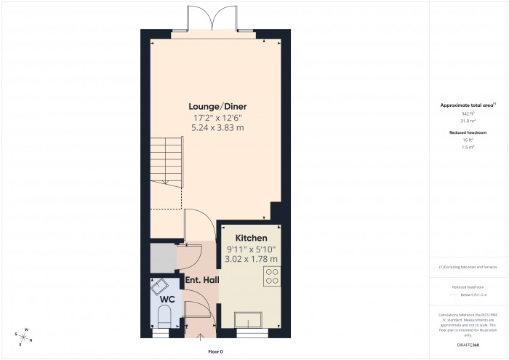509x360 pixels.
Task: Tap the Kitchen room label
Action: pyautogui.click(x=251, y=238)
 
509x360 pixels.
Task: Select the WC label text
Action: pyautogui.click(x=167, y=299)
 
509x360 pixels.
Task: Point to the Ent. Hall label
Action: pyautogui.click(x=202, y=280)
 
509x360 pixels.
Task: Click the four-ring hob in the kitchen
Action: pyautogui.click(x=273, y=277)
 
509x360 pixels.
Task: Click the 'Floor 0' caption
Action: pyautogui.click(x=216, y=351)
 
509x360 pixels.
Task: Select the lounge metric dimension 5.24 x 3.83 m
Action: pyautogui.click(x=217, y=127)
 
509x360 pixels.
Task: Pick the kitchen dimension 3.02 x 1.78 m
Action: pyautogui.click(x=251, y=258)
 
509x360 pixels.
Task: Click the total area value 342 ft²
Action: pyautogui.click(x=467, y=114)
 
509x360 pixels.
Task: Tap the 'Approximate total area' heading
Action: pyautogui.click(x=467, y=105)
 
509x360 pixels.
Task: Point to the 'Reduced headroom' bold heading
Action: pyautogui.click(x=468, y=132)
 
